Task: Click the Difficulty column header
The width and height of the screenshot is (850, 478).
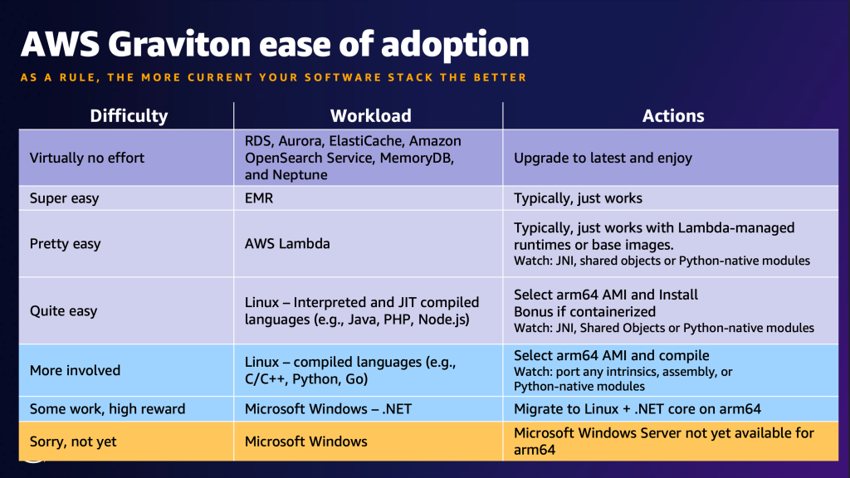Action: point(129,116)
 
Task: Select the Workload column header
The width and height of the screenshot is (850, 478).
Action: point(370,116)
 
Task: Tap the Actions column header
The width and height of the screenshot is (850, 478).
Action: point(673,116)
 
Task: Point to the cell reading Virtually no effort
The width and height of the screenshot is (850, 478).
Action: point(87,158)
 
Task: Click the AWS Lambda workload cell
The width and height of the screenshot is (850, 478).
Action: point(288,244)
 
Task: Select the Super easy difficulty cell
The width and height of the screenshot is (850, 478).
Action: point(64,198)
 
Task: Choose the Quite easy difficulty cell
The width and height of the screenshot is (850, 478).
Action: point(63,311)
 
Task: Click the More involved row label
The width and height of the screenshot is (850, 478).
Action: point(75,370)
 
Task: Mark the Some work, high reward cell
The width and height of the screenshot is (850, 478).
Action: point(107,408)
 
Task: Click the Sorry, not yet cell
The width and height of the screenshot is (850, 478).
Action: point(73,441)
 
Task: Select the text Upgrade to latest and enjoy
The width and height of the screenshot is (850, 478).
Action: point(603,158)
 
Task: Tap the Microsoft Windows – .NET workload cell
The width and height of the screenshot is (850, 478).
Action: point(327,408)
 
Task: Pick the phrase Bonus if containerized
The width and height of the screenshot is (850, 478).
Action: point(584,311)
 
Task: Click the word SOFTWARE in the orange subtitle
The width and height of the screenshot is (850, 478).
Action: point(349,77)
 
